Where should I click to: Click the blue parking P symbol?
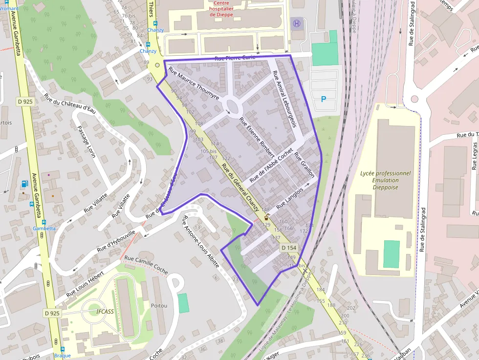[323, 99]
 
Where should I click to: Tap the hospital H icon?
[296, 23]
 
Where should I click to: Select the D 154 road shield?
[289, 248]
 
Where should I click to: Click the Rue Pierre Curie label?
[235, 58]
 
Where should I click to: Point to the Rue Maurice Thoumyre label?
[194, 84]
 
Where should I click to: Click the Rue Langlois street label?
[290, 197]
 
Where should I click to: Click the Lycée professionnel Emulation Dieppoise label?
[386, 180]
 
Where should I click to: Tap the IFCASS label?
[105, 311]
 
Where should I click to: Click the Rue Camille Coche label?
[146, 264]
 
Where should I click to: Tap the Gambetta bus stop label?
[44, 228]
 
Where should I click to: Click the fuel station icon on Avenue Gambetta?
[25, 184]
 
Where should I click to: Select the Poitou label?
[159, 306]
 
